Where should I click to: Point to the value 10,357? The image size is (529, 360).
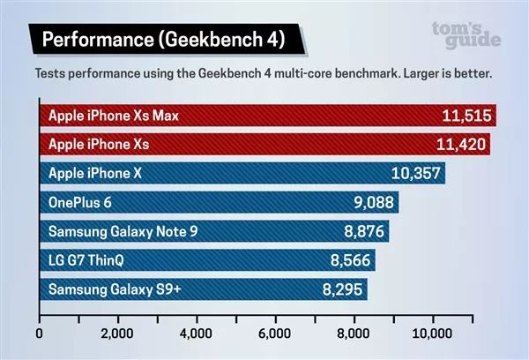(x=415, y=174)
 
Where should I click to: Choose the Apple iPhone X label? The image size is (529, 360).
(x=95, y=174)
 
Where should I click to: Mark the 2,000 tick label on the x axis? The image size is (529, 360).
(x=117, y=334)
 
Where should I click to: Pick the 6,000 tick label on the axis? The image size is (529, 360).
(x=275, y=334)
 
